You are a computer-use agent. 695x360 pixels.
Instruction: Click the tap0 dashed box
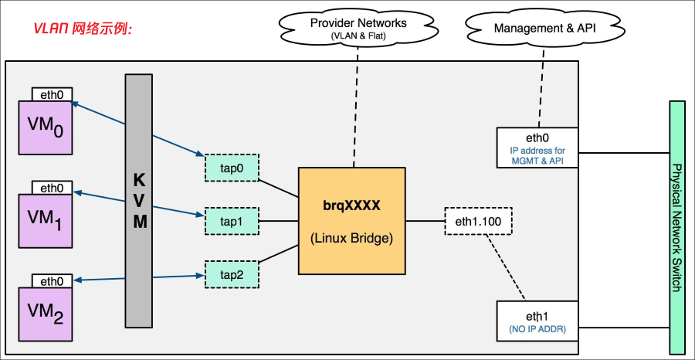pos(231,167)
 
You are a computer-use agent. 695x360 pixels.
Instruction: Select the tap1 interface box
pos(231,221)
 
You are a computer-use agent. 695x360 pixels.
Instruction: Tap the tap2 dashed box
pos(231,274)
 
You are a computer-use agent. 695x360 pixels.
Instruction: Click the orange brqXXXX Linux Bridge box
pos(352,220)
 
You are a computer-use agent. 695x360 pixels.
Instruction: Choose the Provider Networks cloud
pos(358,27)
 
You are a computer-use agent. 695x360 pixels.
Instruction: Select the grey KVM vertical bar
pos(140,200)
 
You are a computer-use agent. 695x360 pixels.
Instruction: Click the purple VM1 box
pos(45,220)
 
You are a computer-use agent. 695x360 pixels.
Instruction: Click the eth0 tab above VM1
pos(52,188)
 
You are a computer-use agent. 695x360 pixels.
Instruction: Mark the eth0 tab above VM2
pos(52,281)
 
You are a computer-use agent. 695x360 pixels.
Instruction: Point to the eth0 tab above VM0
pos(52,94)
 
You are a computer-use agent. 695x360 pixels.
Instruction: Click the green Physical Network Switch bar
pos(676,227)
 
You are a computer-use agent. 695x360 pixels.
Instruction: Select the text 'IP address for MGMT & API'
pos(537,155)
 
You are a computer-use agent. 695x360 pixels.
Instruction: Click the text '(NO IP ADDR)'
pos(537,330)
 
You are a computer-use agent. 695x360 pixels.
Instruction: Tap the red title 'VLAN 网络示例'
pos(83,29)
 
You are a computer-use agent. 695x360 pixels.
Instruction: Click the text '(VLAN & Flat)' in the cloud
pos(358,36)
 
